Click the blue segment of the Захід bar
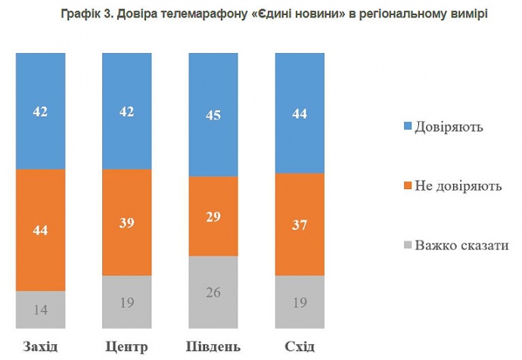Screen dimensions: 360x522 click(x=40, y=110)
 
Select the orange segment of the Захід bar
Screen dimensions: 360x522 click(x=40, y=230)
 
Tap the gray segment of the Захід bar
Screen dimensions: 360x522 click(x=40, y=309)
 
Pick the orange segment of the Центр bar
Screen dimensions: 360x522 click(x=127, y=222)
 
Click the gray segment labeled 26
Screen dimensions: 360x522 click(x=213, y=292)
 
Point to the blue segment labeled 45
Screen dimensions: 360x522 click(x=213, y=115)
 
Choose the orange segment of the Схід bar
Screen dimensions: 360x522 click(x=300, y=225)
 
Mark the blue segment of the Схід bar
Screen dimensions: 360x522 click(x=300, y=113)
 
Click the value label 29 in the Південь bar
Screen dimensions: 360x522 click(x=213, y=216)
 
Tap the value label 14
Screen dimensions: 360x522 click(x=40, y=309)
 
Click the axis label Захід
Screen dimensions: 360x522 click(x=40, y=346)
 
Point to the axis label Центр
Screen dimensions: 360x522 click(x=126, y=346)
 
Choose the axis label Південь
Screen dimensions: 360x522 click(x=213, y=346)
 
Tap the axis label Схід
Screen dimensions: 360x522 click(x=300, y=346)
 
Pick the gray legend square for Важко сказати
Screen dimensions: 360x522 click(x=407, y=245)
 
